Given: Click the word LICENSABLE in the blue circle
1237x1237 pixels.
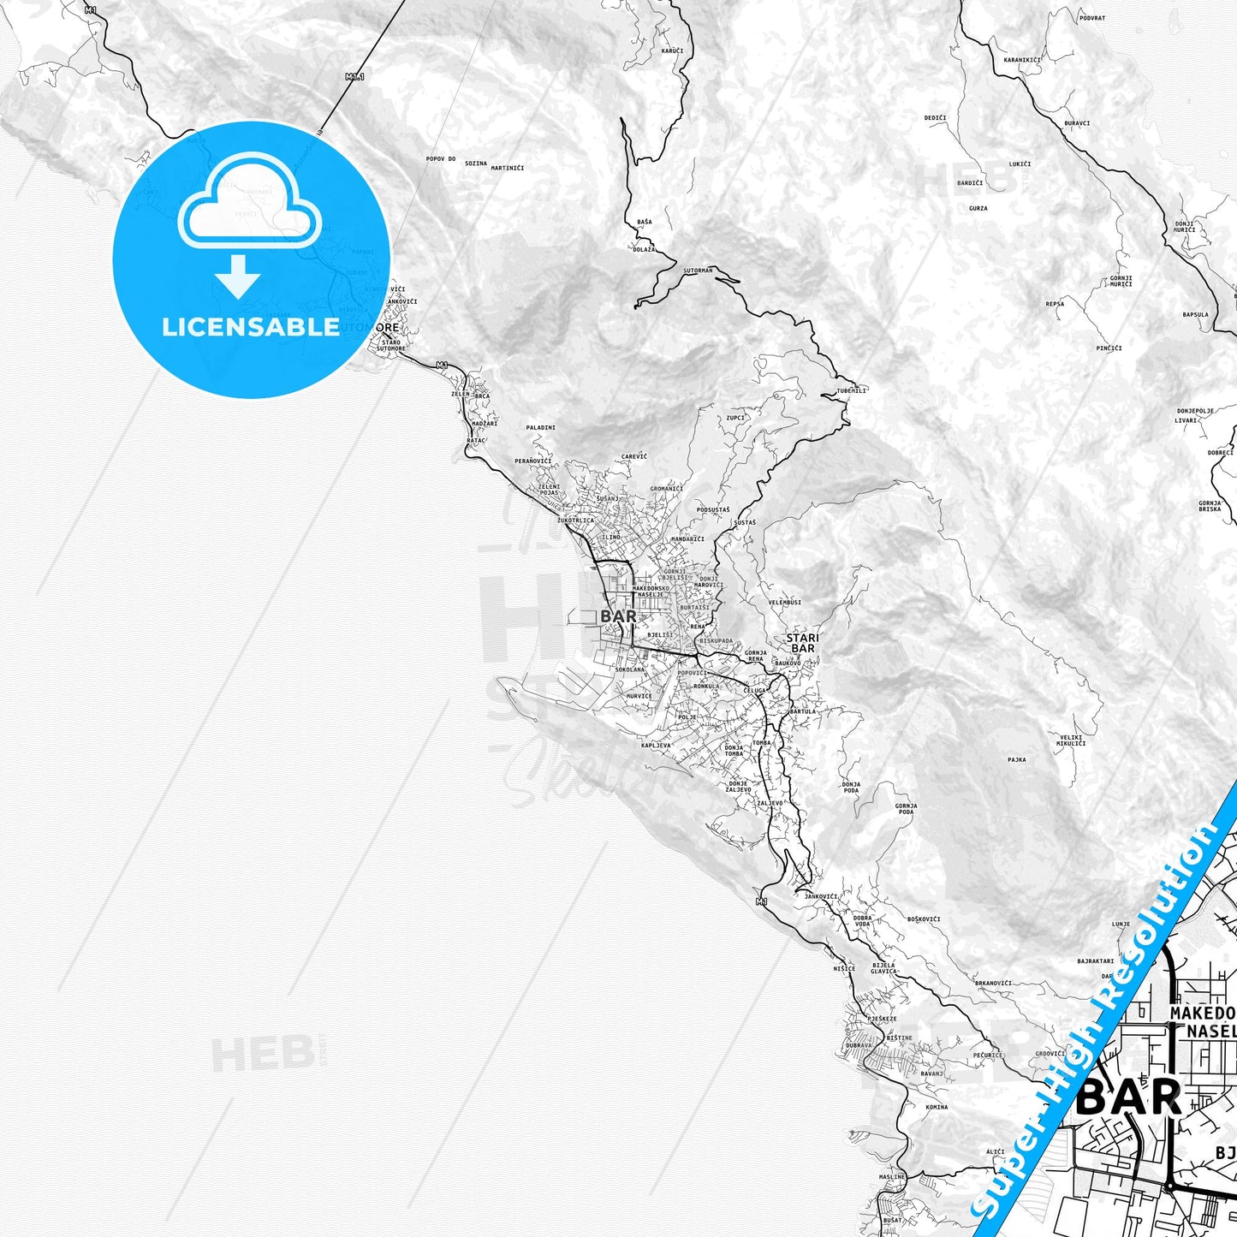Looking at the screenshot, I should click(251, 327).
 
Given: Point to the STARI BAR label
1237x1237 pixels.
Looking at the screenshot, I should click(802, 643).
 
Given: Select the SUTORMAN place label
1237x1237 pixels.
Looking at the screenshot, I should click(698, 271).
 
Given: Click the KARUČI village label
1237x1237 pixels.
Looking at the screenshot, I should click(672, 51).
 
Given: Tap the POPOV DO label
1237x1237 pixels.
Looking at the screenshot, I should click(441, 158).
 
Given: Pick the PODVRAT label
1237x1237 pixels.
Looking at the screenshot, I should click(1091, 18).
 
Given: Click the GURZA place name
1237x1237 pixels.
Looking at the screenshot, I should click(978, 208).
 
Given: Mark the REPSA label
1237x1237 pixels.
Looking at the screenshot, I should click(1055, 303).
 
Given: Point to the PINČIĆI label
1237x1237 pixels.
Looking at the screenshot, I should click(1109, 348).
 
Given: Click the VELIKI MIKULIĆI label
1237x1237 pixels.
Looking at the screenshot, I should click(1071, 740).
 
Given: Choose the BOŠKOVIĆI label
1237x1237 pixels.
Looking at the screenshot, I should click(923, 919).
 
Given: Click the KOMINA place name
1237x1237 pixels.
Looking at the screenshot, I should click(937, 1107).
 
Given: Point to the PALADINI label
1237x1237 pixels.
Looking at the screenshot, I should click(540, 427).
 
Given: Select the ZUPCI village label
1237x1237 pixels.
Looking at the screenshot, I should click(735, 418).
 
